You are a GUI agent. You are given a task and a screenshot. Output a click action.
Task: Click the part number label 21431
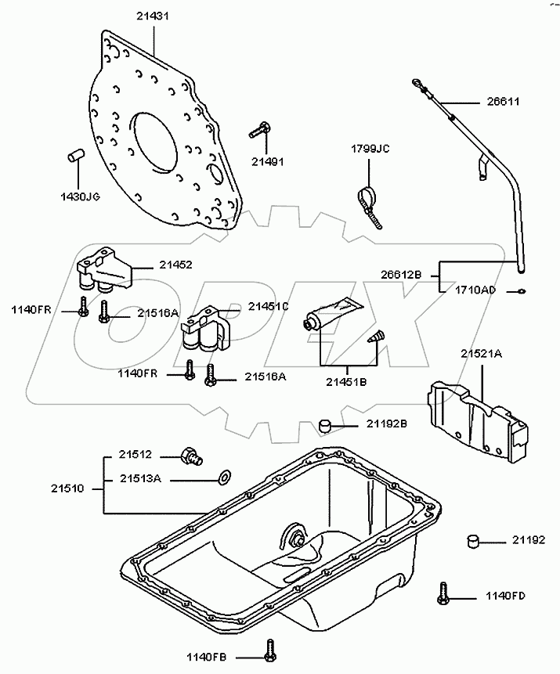coord(153,16)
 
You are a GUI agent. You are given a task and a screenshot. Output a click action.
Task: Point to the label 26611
coord(504,102)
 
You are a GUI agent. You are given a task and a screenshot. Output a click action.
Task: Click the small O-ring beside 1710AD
coord(522,291)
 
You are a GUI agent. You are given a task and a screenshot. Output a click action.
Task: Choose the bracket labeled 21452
coord(106,269)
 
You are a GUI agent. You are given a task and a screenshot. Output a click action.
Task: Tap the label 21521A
coord(482,354)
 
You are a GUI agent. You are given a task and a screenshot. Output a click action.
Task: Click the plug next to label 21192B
coord(325,426)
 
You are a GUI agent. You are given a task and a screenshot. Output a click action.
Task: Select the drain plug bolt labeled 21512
coord(191,456)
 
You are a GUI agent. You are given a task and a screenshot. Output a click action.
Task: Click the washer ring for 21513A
coord(224,475)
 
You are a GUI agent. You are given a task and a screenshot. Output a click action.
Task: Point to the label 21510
coord(67,488)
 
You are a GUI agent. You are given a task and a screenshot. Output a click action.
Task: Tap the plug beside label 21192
coord(473,541)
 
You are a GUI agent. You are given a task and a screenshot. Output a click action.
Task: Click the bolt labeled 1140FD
coord(443,593)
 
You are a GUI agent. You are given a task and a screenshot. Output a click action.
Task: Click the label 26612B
coord(401,275)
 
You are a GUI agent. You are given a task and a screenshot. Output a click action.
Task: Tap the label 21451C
coord(268,307)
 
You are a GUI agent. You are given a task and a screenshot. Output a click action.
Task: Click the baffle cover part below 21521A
coord(478,421)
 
